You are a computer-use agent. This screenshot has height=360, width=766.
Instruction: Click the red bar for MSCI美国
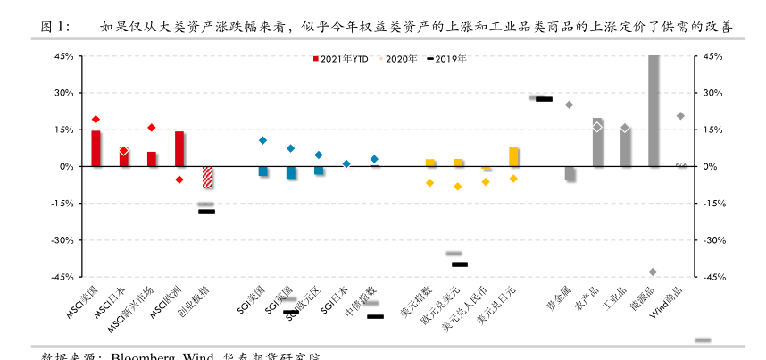[96, 148]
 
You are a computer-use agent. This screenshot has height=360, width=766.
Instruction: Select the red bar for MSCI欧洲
[179, 149]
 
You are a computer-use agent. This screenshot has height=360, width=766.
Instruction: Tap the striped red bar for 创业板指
[207, 178]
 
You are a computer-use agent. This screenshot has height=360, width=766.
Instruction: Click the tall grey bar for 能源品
[654, 111]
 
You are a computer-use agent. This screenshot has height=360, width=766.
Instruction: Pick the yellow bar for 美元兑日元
[513, 156]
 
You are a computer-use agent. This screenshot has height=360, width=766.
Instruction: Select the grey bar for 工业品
[626, 147]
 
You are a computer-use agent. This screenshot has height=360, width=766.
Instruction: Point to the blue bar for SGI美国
[263, 171]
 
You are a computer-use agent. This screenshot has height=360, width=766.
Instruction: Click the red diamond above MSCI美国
[96, 119]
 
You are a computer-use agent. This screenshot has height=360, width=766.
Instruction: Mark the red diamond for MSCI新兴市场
[152, 128]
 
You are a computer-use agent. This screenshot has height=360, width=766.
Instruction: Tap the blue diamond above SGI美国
[262, 140]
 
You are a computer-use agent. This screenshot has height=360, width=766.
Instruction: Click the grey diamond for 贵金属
[570, 105]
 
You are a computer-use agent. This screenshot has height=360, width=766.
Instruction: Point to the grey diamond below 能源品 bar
[653, 272]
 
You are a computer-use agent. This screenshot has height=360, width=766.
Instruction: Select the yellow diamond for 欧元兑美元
[458, 187]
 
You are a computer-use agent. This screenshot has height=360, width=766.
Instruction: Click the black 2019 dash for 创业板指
[206, 212]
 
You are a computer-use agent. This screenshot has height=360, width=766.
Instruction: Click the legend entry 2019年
[446, 59]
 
